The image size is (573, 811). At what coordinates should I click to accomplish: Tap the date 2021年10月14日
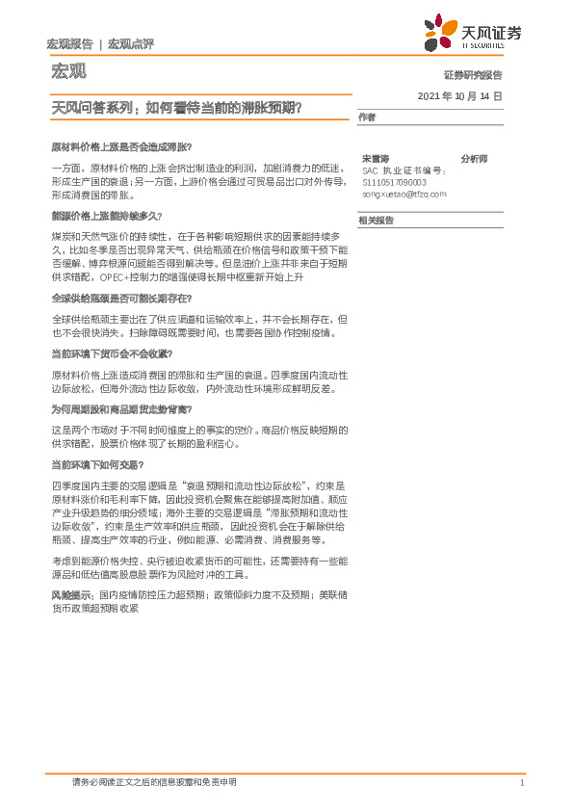point(459,97)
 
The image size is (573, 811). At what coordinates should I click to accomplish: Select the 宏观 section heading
point(65,72)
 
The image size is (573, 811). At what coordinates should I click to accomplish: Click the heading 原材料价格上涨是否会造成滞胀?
point(121,146)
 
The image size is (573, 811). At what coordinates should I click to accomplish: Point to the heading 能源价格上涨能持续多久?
point(107,216)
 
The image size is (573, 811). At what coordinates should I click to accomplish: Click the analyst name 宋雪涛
point(375,158)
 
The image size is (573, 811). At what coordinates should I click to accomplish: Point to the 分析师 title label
point(474,158)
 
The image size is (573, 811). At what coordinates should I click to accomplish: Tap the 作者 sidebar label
point(366,118)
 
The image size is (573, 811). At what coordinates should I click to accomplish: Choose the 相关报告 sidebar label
point(375,221)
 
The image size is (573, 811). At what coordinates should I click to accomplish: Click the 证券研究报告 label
point(472,74)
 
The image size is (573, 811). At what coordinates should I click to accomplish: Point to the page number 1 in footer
point(521,782)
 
